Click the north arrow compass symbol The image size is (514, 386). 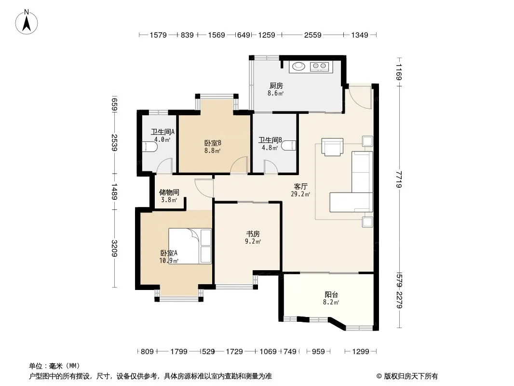click(27, 22)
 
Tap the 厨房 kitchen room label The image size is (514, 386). click(276, 86)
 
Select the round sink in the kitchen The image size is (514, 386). click(298, 67)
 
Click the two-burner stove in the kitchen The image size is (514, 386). click(319, 67)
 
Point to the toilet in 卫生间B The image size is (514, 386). click(289, 145)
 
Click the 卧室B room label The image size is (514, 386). click(213, 143)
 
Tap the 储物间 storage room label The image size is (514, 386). click(169, 192)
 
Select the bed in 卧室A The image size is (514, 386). click(190, 246)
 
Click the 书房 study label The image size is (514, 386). click(253, 234)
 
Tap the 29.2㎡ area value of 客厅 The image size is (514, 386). click(300, 194)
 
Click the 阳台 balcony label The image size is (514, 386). click(331, 294)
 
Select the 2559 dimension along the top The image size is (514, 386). click(313, 35)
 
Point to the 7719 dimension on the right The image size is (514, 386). click(399, 179)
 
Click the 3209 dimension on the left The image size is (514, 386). click(114, 248)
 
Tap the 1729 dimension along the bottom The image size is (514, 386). click(234, 352)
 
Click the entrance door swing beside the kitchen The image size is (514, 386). click(360, 97)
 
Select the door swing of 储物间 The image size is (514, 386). click(204, 188)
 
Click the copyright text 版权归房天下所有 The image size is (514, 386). click(411, 376)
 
